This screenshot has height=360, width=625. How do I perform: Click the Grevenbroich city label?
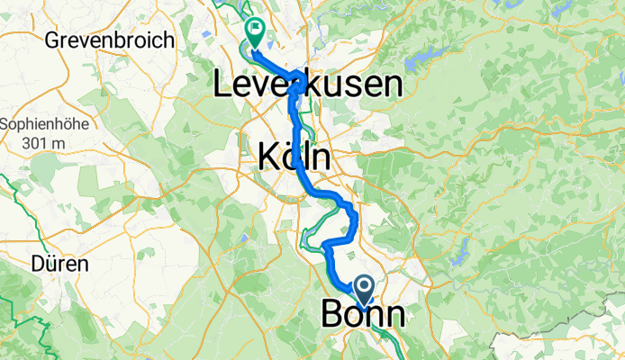coord(92,40)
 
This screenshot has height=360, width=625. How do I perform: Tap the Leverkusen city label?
coord(307,85)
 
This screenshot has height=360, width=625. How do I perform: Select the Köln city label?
coord(294,157)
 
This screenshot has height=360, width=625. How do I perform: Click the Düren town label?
coord(59,265)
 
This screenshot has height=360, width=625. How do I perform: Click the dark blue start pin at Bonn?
coord(366,290)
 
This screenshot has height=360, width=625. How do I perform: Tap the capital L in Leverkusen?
coord(222,86)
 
